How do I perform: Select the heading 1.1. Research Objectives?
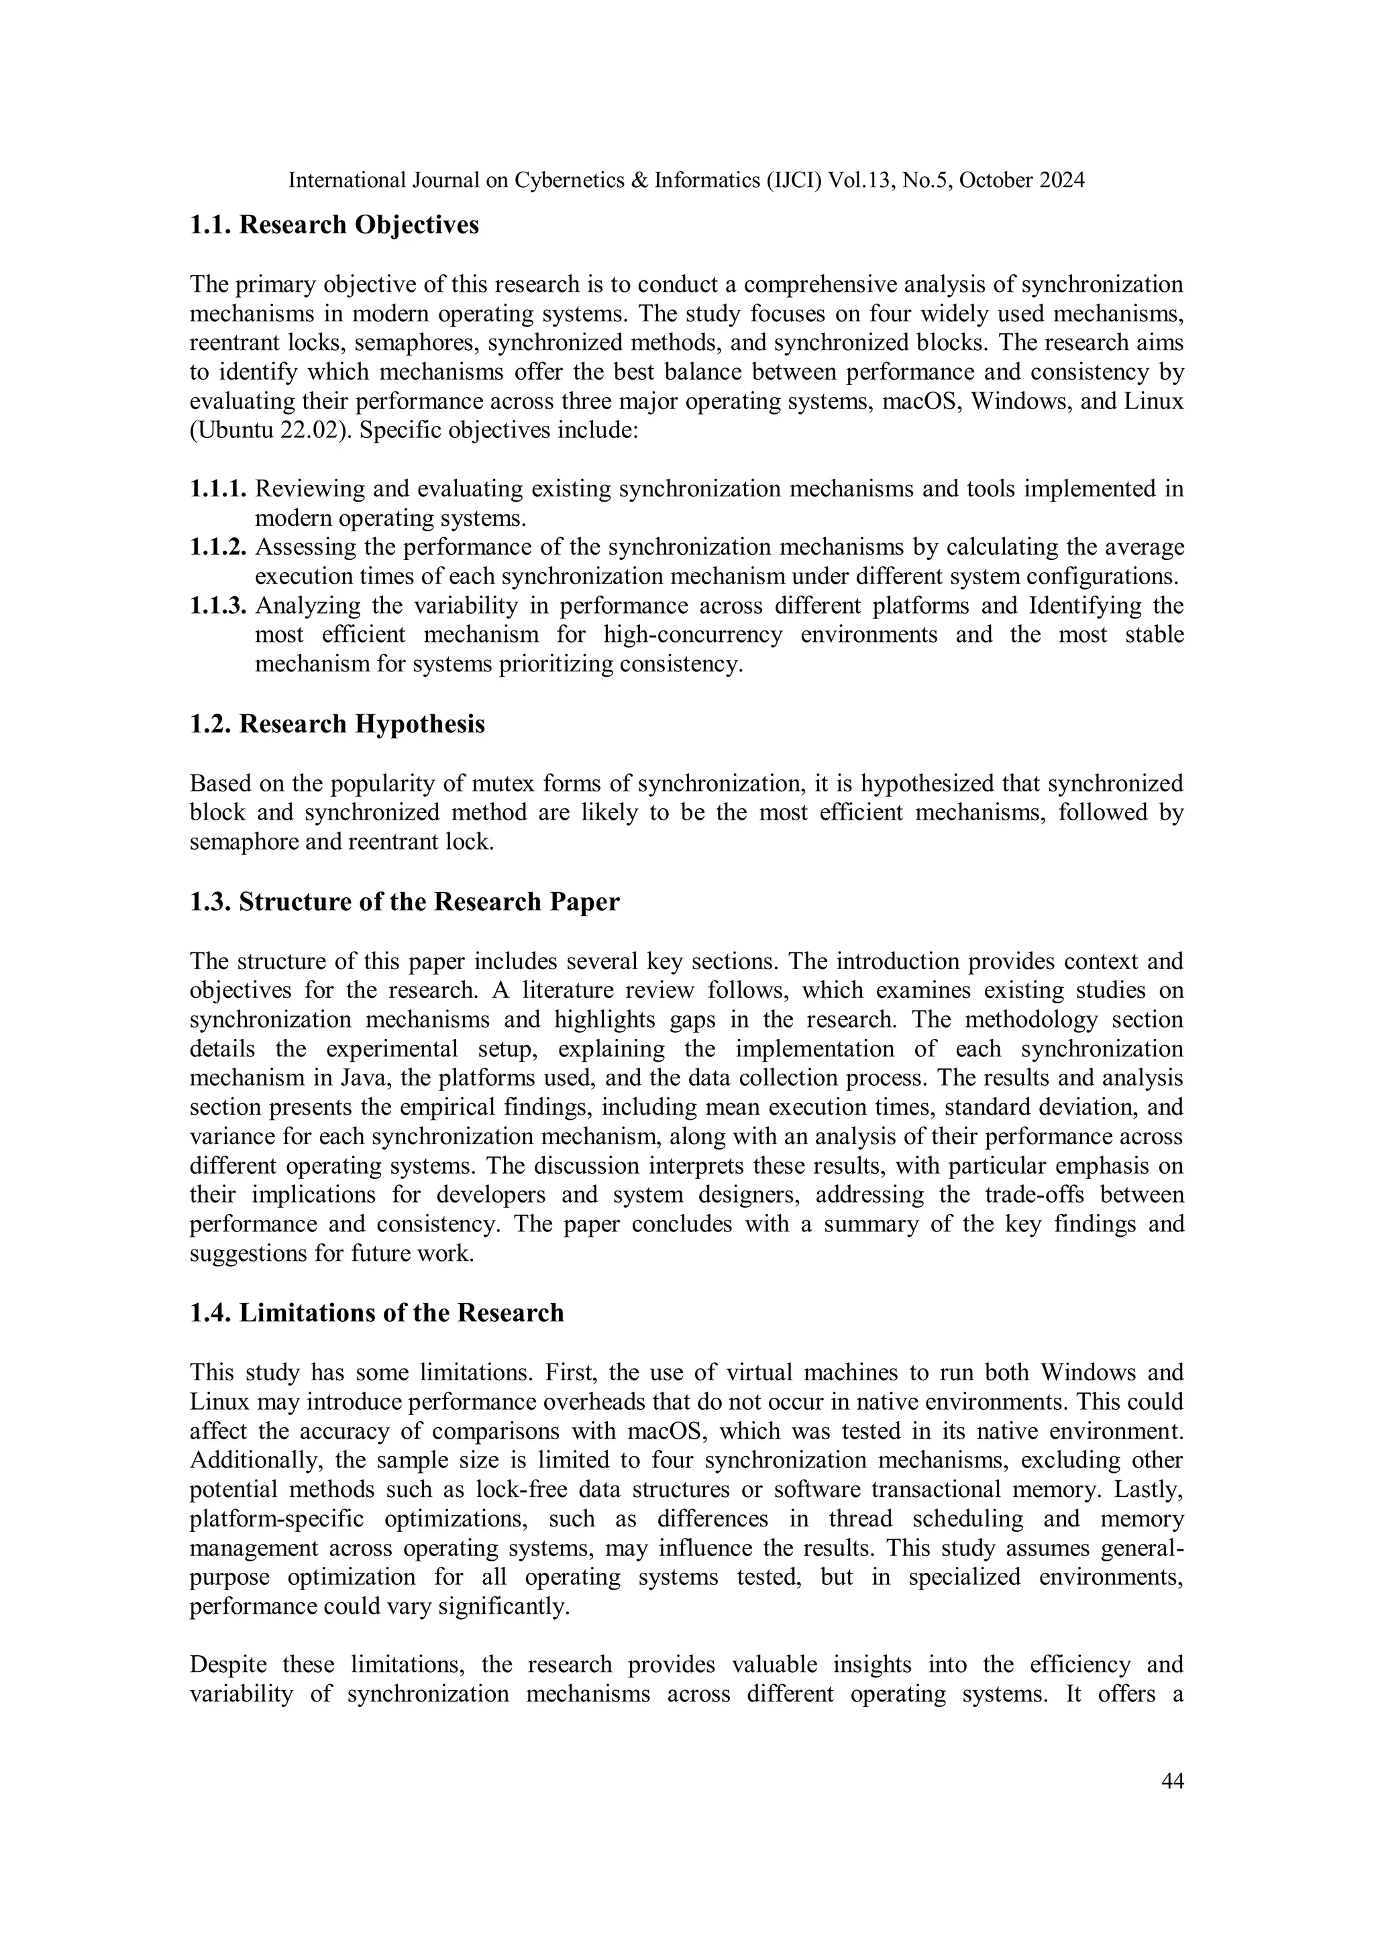tap(333, 225)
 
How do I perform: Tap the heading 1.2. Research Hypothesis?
tap(337, 724)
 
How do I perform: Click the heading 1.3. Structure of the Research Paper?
tap(405, 902)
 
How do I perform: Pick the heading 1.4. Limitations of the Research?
tap(377, 1313)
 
